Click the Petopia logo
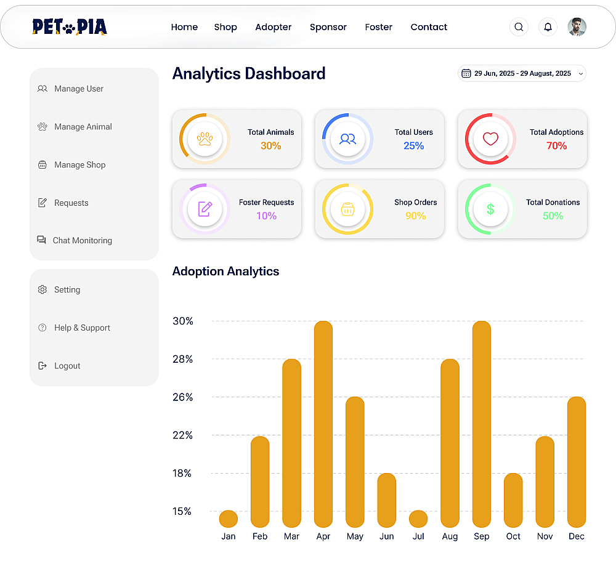(x=70, y=27)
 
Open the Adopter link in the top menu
(x=274, y=27)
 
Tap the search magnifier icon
(x=519, y=27)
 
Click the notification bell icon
(x=548, y=27)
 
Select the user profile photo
(x=577, y=27)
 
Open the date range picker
(x=522, y=73)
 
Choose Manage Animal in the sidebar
(x=83, y=127)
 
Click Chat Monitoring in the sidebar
(x=82, y=241)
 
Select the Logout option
(x=67, y=366)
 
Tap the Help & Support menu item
(x=82, y=328)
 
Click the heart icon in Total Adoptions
(x=490, y=139)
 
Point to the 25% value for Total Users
(x=414, y=146)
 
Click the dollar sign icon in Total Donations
(x=490, y=209)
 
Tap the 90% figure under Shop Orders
(x=416, y=216)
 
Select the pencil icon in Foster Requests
(x=205, y=209)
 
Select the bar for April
(x=323, y=424)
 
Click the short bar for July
(x=418, y=519)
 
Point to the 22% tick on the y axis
(x=183, y=435)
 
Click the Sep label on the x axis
(x=482, y=536)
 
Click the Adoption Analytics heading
(x=225, y=272)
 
